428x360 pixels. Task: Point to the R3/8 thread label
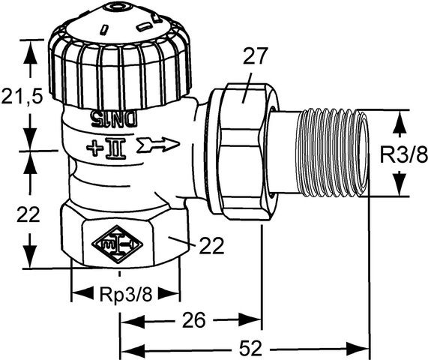click(402, 156)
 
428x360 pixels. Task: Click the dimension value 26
click(193, 321)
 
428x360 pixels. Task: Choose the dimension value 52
click(250, 349)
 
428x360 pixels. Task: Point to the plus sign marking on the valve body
click(96, 145)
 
